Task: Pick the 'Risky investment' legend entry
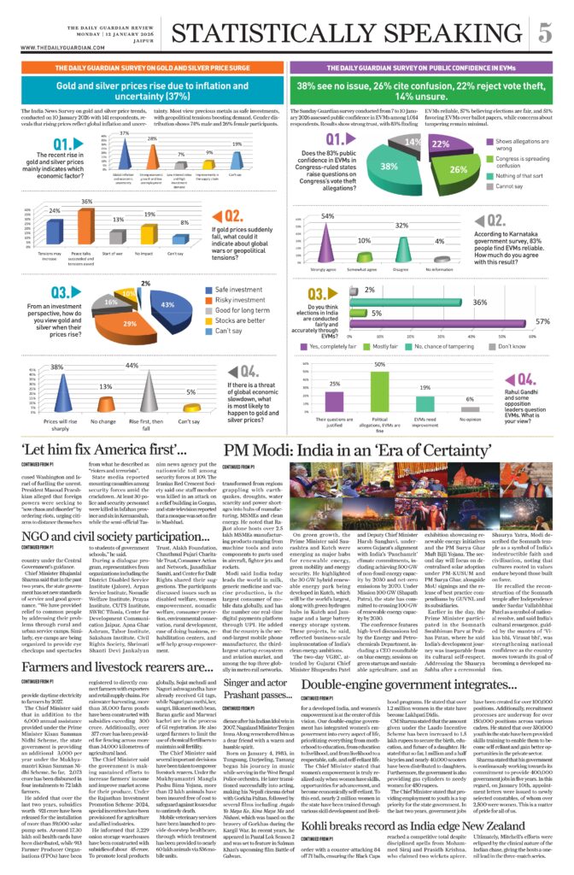coord(239,301)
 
